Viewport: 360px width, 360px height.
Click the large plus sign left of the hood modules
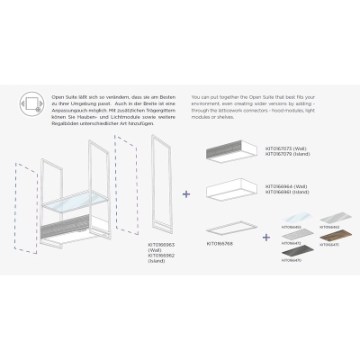pyautogui.click(x=186, y=193)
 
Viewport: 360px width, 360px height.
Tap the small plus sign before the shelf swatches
pyautogui.click(x=266, y=238)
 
